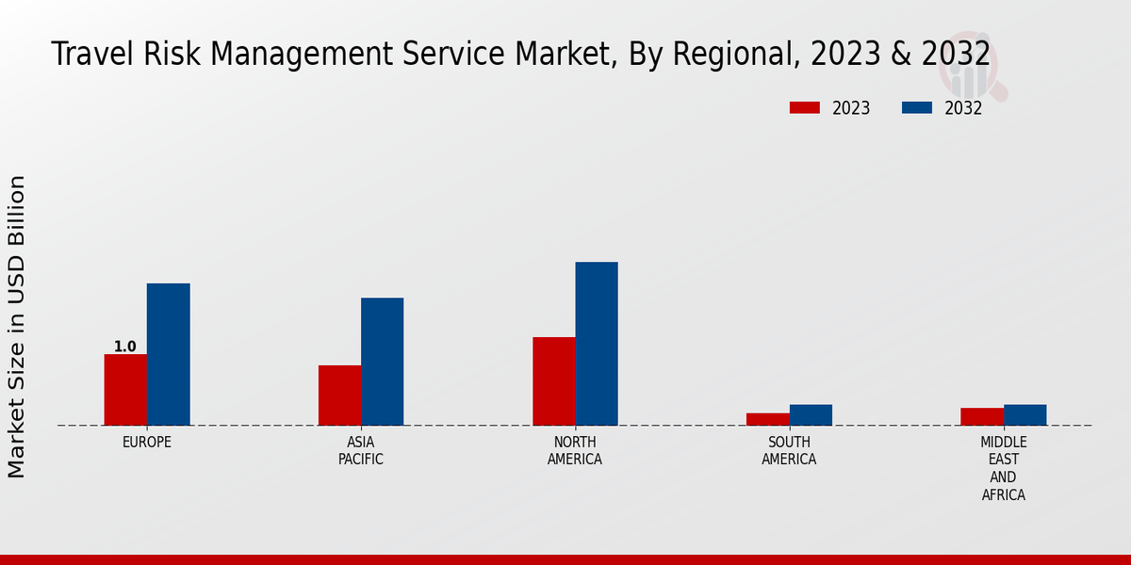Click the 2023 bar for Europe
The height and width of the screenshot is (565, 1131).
(125, 390)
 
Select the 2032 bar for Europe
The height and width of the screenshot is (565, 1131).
(168, 354)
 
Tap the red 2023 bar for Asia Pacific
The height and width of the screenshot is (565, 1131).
(339, 395)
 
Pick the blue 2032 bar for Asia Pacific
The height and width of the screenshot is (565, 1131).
(382, 362)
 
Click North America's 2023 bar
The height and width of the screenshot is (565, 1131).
(553, 381)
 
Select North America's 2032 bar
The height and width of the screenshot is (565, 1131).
(597, 344)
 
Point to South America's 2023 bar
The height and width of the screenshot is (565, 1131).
(767, 419)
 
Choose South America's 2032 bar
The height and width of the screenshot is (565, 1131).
(811, 415)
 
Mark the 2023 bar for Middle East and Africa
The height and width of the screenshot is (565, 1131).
(982, 416)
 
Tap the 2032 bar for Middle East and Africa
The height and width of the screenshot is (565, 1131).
(1024, 415)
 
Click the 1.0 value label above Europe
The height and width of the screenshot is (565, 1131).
(124, 347)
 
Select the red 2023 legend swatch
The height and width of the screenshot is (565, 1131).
(804, 107)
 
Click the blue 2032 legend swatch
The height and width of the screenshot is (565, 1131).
(916, 107)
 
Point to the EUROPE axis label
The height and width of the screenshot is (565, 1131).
(147, 442)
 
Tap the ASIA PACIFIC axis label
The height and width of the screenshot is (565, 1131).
(361, 451)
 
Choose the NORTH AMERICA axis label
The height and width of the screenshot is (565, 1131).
(575, 451)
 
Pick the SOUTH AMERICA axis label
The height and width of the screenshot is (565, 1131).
(789, 451)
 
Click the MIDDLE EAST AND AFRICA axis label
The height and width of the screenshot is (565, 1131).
(1004, 468)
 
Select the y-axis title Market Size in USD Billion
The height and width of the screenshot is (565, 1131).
(17, 326)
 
